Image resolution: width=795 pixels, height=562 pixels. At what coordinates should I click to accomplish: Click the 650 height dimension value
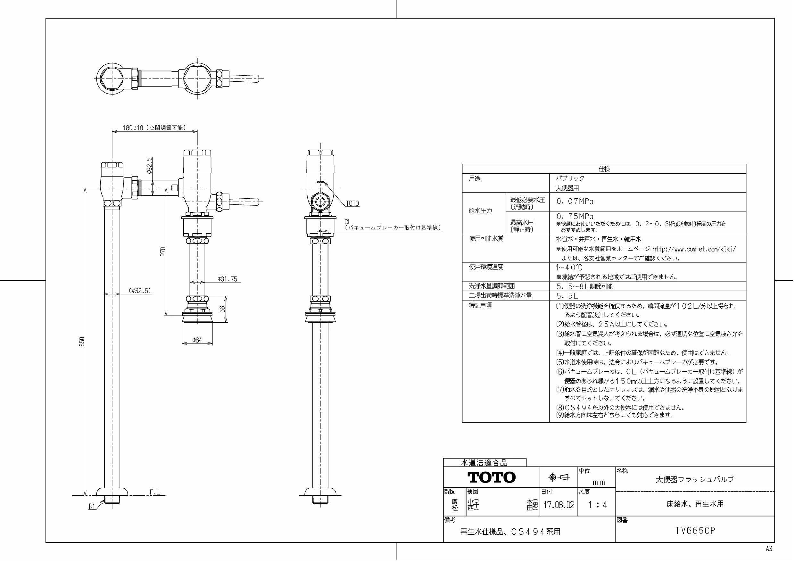click(82, 342)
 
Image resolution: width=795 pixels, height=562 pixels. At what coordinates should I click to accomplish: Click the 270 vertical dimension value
click(163, 252)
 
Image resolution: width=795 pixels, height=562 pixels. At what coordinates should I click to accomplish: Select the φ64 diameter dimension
click(197, 340)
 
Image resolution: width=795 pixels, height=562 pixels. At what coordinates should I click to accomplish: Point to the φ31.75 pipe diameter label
click(228, 279)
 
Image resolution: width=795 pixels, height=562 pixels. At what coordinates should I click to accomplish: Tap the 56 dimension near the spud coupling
click(223, 309)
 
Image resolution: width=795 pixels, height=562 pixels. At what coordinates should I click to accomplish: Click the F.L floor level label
click(155, 492)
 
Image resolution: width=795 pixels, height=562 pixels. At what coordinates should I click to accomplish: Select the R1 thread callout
click(92, 506)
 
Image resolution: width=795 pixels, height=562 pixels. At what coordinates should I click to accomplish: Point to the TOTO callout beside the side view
click(352, 203)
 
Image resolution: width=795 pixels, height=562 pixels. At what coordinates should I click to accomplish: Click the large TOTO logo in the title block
click(491, 477)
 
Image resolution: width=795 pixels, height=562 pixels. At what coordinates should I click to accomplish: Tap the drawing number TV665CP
click(695, 531)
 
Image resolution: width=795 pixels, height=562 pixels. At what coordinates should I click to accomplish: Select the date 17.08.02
click(559, 505)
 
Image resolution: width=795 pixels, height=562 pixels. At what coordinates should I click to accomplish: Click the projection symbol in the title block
click(559, 477)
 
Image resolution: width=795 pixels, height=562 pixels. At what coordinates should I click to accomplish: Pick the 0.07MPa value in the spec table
click(575, 201)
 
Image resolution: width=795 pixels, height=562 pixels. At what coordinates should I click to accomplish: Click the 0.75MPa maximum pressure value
click(575, 216)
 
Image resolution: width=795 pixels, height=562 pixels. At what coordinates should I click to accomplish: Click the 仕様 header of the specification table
click(604, 169)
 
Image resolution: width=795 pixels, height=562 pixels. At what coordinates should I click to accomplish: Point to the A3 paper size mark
click(769, 549)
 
